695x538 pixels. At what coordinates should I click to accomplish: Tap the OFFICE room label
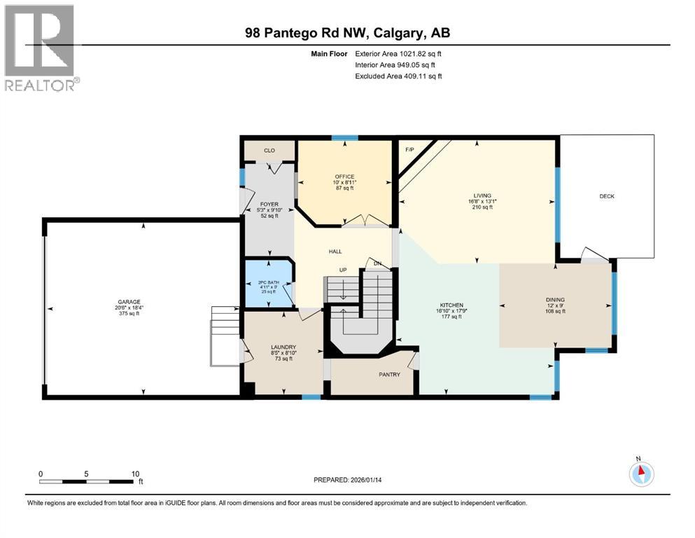click(344, 177)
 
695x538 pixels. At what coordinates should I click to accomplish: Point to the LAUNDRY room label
click(283, 347)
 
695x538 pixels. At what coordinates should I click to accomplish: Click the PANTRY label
click(389, 375)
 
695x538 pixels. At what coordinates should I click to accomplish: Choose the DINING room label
click(556, 300)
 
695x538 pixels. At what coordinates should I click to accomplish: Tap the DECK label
click(607, 196)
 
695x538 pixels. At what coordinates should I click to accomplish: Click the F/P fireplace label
click(410, 149)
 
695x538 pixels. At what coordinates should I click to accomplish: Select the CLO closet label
click(269, 150)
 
